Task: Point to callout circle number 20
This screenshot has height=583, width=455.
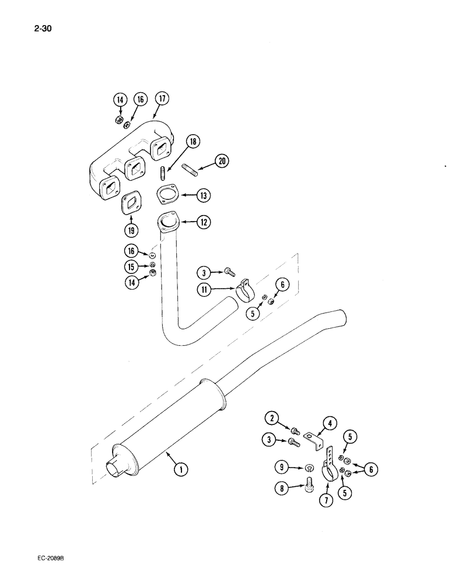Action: [221, 161]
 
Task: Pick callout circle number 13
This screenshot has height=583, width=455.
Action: [202, 196]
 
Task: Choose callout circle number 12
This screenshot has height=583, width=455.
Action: [201, 222]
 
